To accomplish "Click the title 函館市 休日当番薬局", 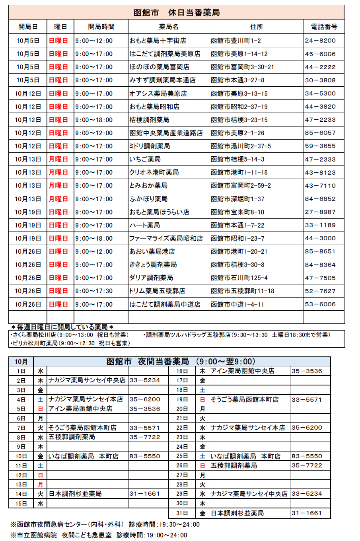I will (x=176, y=13).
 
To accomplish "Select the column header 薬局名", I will (x=169, y=27).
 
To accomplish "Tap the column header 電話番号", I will (x=324, y=27).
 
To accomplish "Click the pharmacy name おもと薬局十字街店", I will (x=158, y=41).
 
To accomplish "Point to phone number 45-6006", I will (x=320, y=54).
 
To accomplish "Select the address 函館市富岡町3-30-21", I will (x=242, y=67).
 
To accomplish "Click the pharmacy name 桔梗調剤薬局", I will (x=149, y=120).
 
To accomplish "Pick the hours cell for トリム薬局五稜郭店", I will (x=94, y=291).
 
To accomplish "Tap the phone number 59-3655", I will (x=320, y=146).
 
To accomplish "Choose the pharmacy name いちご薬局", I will (x=145, y=159).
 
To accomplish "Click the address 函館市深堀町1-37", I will (x=237, y=199).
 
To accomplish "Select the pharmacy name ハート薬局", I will (x=144, y=225).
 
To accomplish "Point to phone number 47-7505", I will (x=320, y=278).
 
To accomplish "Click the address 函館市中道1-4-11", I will (x=237, y=304).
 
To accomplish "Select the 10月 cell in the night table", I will (x=21, y=362).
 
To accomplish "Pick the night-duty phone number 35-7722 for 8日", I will (x=145, y=437).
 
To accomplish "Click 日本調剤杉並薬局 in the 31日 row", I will (x=237, y=513).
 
